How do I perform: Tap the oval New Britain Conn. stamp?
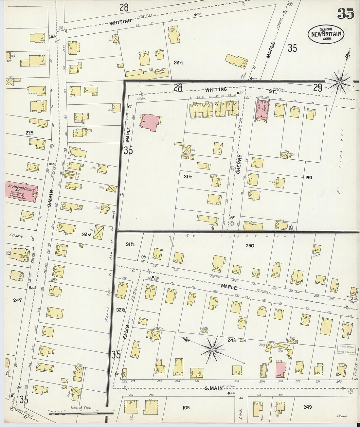[x=326, y=34]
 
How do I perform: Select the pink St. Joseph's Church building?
[x=22, y=192]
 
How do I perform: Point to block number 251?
[x=308, y=178]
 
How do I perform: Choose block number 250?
[x=250, y=245]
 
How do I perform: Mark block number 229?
[x=29, y=133]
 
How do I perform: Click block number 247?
[x=17, y=300]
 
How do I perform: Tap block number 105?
[x=186, y=407]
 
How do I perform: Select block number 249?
[x=307, y=407]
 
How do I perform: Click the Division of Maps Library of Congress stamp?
[x=347, y=349]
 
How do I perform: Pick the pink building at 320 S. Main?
[x=280, y=370]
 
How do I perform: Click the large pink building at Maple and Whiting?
[x=151, y=122]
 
